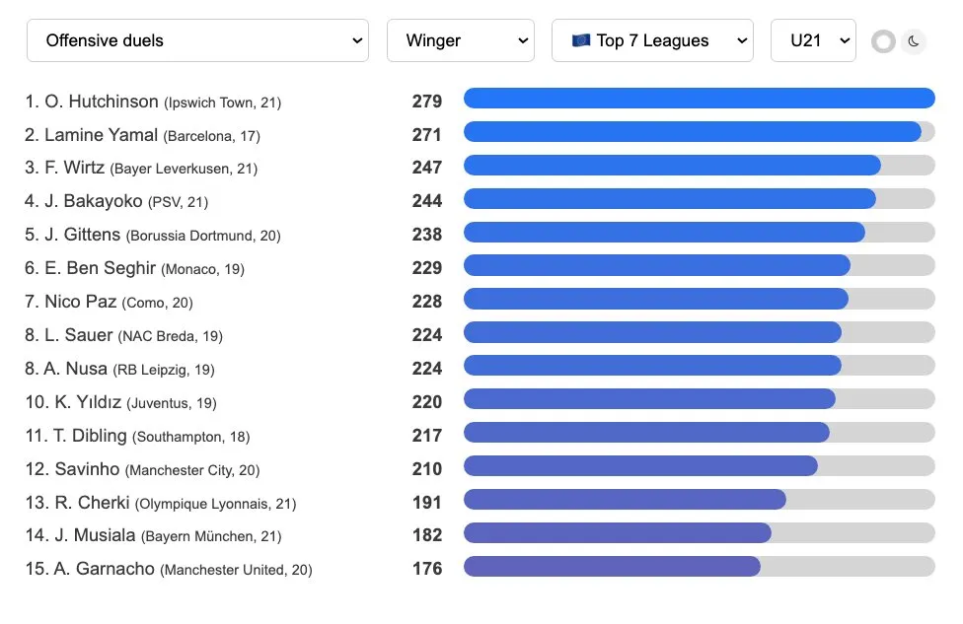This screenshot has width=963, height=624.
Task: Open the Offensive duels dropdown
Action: point(197,40)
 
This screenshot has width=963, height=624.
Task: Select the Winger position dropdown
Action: point(461,40)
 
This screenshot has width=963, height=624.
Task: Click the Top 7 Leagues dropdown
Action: point(652,40)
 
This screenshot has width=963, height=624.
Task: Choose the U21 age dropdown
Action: point(813,40)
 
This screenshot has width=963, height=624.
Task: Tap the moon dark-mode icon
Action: point(914,41)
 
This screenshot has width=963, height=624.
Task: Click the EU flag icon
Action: point(581,40)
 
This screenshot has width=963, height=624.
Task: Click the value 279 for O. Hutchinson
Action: point(427,102)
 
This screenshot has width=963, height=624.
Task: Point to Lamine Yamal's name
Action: point(101,135)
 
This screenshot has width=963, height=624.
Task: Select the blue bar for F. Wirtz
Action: point(672,165)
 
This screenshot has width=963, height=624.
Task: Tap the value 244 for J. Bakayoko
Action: point(427,201)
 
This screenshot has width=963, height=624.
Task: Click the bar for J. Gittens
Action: point(664,232)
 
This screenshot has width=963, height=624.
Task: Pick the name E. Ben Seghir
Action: point(100,268)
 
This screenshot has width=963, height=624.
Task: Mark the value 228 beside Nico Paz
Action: point(427,302)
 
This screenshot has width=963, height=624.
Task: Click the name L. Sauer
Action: point(79,335)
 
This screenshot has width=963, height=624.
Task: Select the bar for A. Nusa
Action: point(652,366)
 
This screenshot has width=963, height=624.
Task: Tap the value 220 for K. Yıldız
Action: point(427,402)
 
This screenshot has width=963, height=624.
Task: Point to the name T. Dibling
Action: point(90,436)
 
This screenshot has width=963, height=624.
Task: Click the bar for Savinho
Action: point(640,466)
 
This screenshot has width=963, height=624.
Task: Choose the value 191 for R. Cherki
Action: point(427,503)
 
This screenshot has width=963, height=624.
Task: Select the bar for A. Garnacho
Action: point(612,566)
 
